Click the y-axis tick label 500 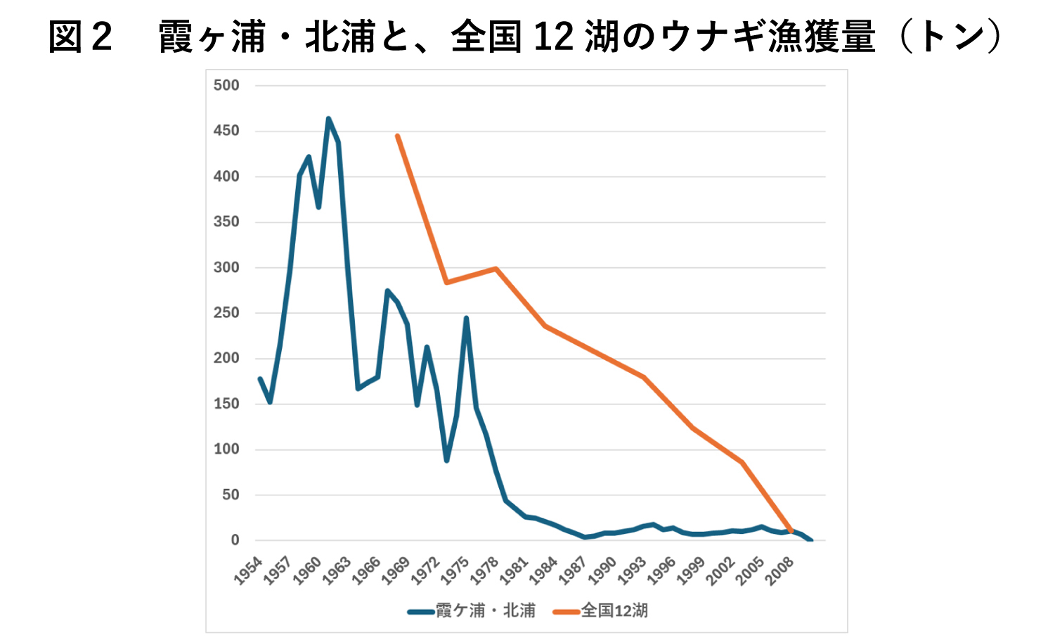point(226,85)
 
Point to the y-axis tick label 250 point(226,313)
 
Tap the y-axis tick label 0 point(235,540)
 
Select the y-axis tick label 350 point(226,222)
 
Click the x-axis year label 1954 point(249,570)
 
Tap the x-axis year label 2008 point(780,570)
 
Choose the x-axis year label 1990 point(603,570)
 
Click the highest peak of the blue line point(328,119)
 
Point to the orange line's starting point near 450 point(397,136)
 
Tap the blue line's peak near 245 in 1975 point(466,318)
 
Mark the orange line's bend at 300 point(496,268)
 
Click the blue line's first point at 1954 point(260,378)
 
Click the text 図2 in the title point(80,37)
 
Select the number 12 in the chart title point(554,37)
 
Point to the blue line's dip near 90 point(446,460)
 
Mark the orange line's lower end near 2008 point(791,530)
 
